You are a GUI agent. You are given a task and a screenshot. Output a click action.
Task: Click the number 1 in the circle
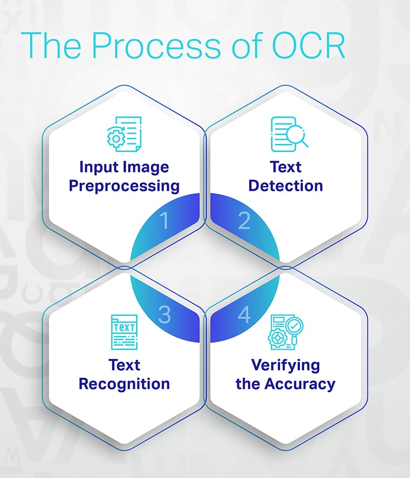tap(165, 221)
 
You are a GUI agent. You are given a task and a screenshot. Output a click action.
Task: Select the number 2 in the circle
tap(244, 221)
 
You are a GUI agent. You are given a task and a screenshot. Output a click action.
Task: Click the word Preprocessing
tap(124, 186)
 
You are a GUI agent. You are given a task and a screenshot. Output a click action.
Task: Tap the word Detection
tap(285, 186)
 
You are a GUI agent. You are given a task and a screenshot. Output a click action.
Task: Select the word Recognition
tap(124, 384)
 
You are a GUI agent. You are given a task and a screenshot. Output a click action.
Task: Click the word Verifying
tap(285, 365)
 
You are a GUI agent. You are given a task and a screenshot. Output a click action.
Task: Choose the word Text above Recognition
tap(124, 365)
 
